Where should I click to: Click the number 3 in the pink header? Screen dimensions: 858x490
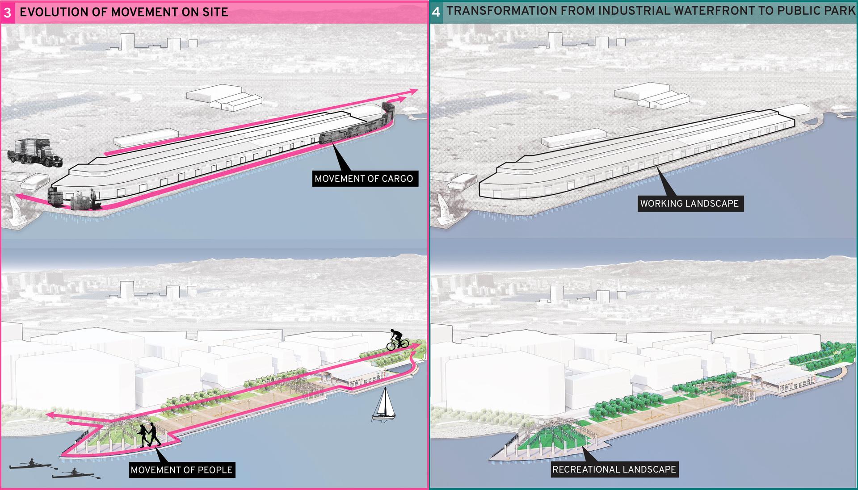pos(8,13)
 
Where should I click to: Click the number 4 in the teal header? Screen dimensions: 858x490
pos(436,12)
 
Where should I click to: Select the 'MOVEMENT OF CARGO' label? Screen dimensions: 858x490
pos(364,179)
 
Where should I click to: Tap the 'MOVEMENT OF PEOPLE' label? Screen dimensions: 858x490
pos(181,470)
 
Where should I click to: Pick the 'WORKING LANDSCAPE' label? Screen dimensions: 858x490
pos(690,204)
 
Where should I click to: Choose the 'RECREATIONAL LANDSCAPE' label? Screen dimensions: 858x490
pos(614,469)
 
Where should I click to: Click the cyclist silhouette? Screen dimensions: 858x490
pos(397,340)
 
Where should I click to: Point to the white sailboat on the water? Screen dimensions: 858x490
pos(383,405)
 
